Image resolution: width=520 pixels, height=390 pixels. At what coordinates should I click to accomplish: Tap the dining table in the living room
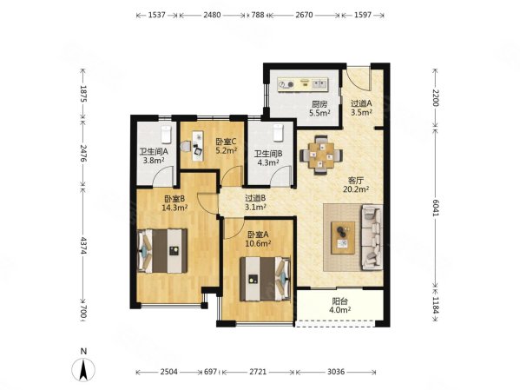(321, 155)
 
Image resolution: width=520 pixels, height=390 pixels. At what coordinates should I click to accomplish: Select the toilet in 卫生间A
(166, 135)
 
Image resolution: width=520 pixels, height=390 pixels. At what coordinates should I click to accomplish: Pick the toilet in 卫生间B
(278, 132)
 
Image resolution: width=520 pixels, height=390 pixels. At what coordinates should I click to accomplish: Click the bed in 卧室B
(162, 251)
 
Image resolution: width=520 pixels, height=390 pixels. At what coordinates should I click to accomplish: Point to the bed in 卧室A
(266, 279)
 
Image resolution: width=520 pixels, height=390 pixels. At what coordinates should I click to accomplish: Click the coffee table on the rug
(343, 238)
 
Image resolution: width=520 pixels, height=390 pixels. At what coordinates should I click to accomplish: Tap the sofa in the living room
(372, 237)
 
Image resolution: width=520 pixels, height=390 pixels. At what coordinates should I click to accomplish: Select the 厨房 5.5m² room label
(319, 109)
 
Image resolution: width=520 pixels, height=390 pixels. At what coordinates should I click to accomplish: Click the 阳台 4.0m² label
(340, 306)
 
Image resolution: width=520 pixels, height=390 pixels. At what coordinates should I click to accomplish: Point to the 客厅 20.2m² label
(356, 185)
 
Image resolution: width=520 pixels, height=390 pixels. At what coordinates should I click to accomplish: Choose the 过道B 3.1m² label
(255, 202)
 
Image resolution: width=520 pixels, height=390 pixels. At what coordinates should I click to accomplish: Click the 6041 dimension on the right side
(436, 208)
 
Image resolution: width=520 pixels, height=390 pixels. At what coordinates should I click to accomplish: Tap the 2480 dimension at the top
(212, 15)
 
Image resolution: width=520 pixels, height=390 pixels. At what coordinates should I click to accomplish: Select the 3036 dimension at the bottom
(336, 372)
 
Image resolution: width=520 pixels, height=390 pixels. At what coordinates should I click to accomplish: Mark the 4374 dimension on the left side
(83, 246)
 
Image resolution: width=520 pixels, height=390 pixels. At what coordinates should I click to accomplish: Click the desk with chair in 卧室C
(194, 146)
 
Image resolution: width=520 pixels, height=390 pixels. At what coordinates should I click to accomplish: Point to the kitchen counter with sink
(302, 84)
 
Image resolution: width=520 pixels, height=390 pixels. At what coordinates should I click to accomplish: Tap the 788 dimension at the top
(258, 15)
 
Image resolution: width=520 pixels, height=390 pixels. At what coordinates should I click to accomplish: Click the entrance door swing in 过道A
(358, 79)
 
